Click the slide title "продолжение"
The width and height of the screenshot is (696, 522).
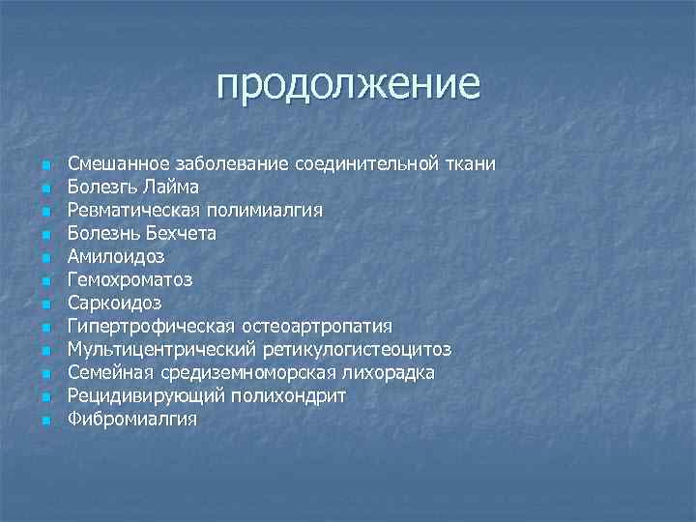(x=348, y=84)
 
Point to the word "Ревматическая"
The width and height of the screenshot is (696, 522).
(x=133, y=210)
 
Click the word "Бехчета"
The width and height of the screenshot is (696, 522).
(x=184, y=233)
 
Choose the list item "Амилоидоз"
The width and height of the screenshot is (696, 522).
(x=116, y=256)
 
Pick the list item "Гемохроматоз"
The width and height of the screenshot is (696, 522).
(x=130, y=279)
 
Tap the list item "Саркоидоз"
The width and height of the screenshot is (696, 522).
(x=114, y=303)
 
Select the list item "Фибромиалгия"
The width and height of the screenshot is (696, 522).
(x=131, y=419)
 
